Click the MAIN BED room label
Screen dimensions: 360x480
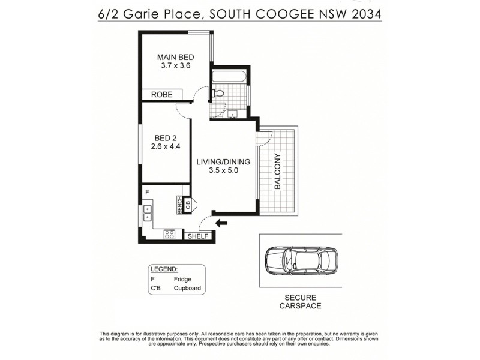tap(176, 58)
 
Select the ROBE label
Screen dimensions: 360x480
tap(162, 95)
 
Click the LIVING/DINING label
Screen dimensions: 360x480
tap(223, 161)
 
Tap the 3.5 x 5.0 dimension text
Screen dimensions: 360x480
tap(223, 170)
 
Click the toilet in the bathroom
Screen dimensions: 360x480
tap(218, 94)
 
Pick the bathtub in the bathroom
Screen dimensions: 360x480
tap(228, 77)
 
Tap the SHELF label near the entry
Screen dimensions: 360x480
tap(197, 236)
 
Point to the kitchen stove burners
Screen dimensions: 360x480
tap(169, 235)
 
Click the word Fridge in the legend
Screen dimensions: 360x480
tap(182, 280)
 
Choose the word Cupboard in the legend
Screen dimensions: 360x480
tap(187, 289)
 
